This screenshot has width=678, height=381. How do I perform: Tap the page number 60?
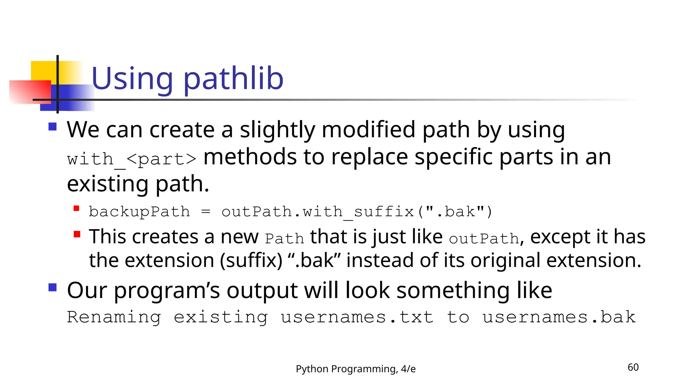633,367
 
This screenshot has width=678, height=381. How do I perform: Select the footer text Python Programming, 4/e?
356,369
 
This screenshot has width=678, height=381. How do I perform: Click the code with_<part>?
132,159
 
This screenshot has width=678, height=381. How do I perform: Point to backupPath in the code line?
139,212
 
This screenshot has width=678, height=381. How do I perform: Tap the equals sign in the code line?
206,212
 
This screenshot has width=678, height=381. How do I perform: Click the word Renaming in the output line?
114,317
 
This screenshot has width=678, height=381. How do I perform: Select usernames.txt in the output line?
357,317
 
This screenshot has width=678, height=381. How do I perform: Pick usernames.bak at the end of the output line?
559,317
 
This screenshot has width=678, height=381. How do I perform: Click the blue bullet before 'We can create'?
53,127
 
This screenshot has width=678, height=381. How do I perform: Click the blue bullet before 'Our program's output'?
53,287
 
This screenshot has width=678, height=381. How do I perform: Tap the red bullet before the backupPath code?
76,208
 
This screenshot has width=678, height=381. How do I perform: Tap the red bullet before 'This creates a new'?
77,234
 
